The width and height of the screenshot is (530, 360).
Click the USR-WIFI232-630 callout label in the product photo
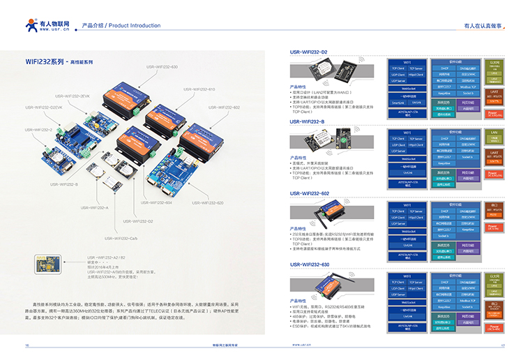click(x=162, y=66)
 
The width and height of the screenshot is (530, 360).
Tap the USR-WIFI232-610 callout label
click(x=199, y=89)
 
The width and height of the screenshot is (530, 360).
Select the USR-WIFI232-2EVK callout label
click(x=72, y=96)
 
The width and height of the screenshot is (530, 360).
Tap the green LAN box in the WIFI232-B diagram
click(x=493, y=132)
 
